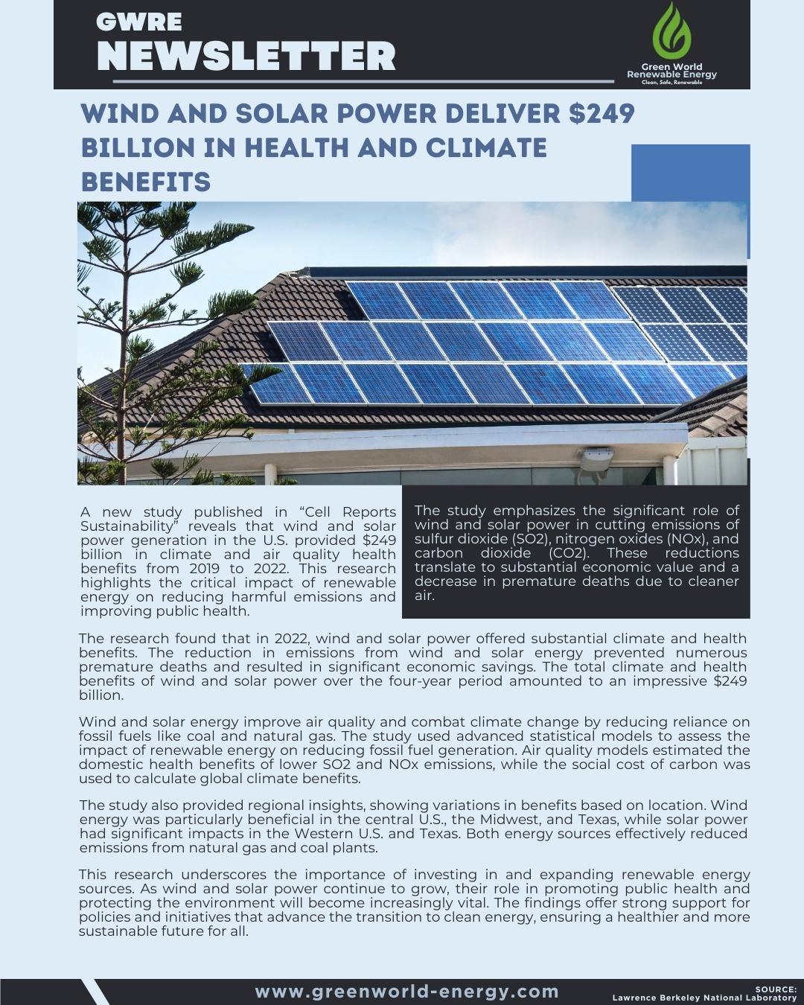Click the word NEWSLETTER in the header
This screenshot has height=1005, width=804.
click(246, 56)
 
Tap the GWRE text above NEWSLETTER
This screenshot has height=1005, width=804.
click(138, 22)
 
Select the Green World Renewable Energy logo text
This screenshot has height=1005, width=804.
click(671, 72)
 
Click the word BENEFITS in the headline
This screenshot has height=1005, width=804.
click(146, 182)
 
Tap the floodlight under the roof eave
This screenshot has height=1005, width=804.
click(595, 459)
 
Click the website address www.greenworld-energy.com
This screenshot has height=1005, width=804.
click(406, 992)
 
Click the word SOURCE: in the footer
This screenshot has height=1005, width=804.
click(776, 990)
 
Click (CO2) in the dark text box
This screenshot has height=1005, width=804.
click(570, 553)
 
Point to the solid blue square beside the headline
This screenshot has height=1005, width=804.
click(690, 173)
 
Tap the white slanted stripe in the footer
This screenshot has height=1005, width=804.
click(95, 992)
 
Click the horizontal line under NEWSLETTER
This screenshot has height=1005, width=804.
click(362, 80)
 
